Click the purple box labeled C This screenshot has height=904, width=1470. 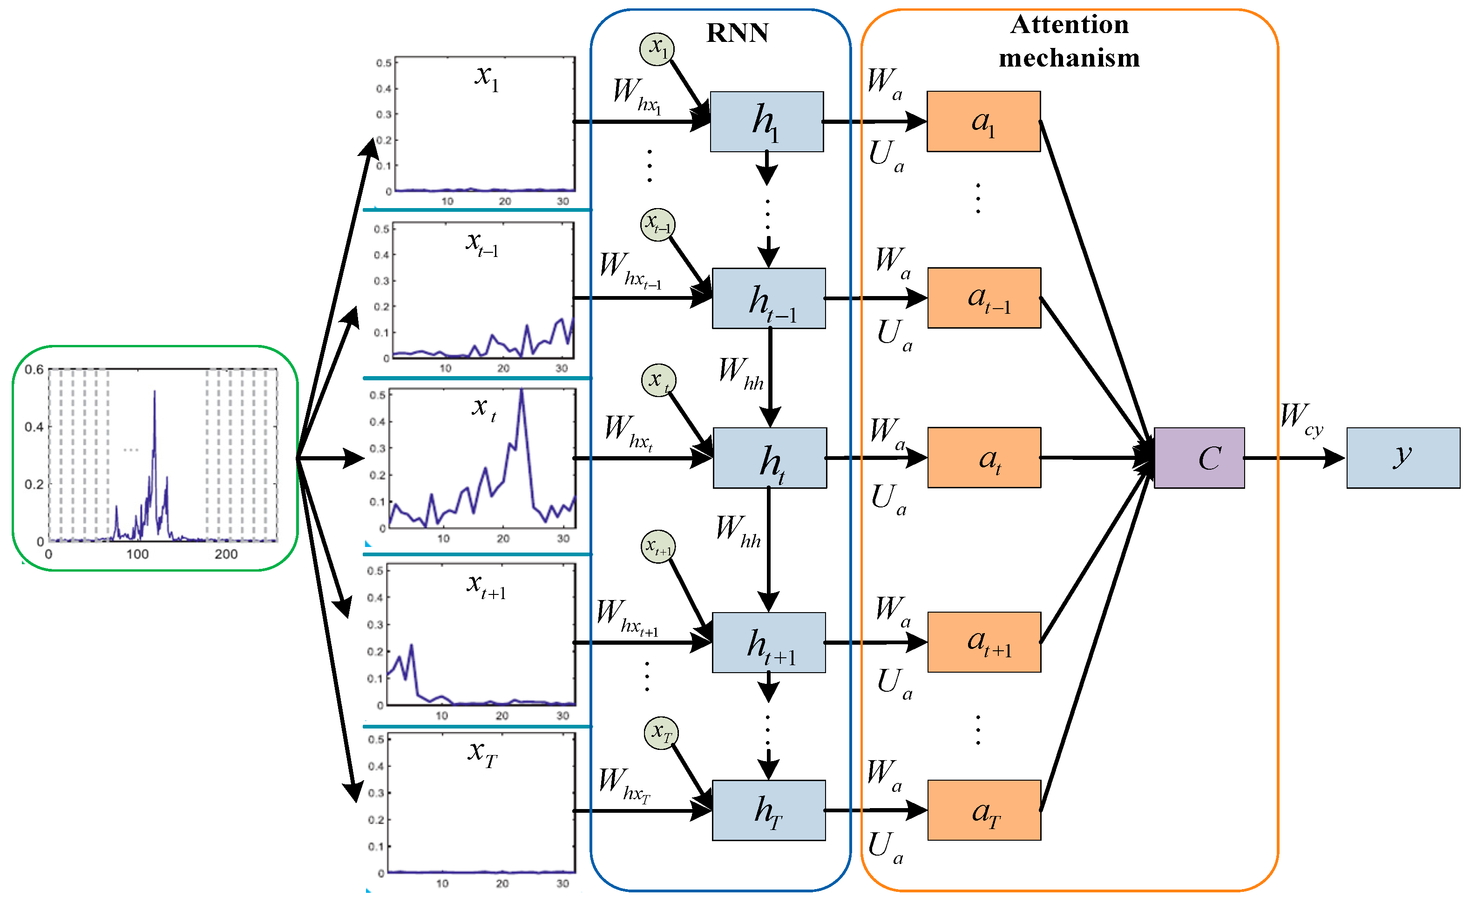click(1199, 458)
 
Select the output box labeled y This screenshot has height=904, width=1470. click(1402, 458)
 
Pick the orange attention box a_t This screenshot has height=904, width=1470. click(984, 458)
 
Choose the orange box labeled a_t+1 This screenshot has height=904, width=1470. click(984, 642)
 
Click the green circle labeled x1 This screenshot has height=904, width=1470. click(657, 49)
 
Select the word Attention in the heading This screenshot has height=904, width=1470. click(1069, 25)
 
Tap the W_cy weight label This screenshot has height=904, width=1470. click(1301, 418)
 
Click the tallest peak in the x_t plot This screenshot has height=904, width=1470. click(522, 391)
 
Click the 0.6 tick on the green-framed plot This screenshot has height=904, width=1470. click(34, 370)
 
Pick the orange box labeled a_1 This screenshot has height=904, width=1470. click(983, 121)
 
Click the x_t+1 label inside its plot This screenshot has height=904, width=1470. click(486, 586)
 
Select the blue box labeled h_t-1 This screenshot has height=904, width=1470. click(768, 298)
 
